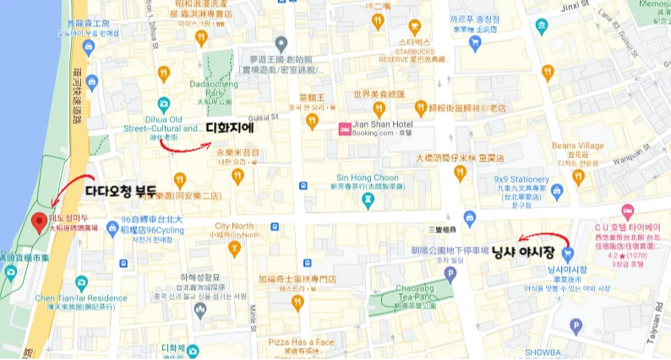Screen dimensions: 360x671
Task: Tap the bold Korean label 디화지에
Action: (230, 128)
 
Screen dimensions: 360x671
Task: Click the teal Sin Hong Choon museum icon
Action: (368, 200)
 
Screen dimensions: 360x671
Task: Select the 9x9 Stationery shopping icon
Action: (557, 191)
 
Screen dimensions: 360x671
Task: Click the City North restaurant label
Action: (234, 226)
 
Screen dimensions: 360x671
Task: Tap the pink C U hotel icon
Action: (627, 210)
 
